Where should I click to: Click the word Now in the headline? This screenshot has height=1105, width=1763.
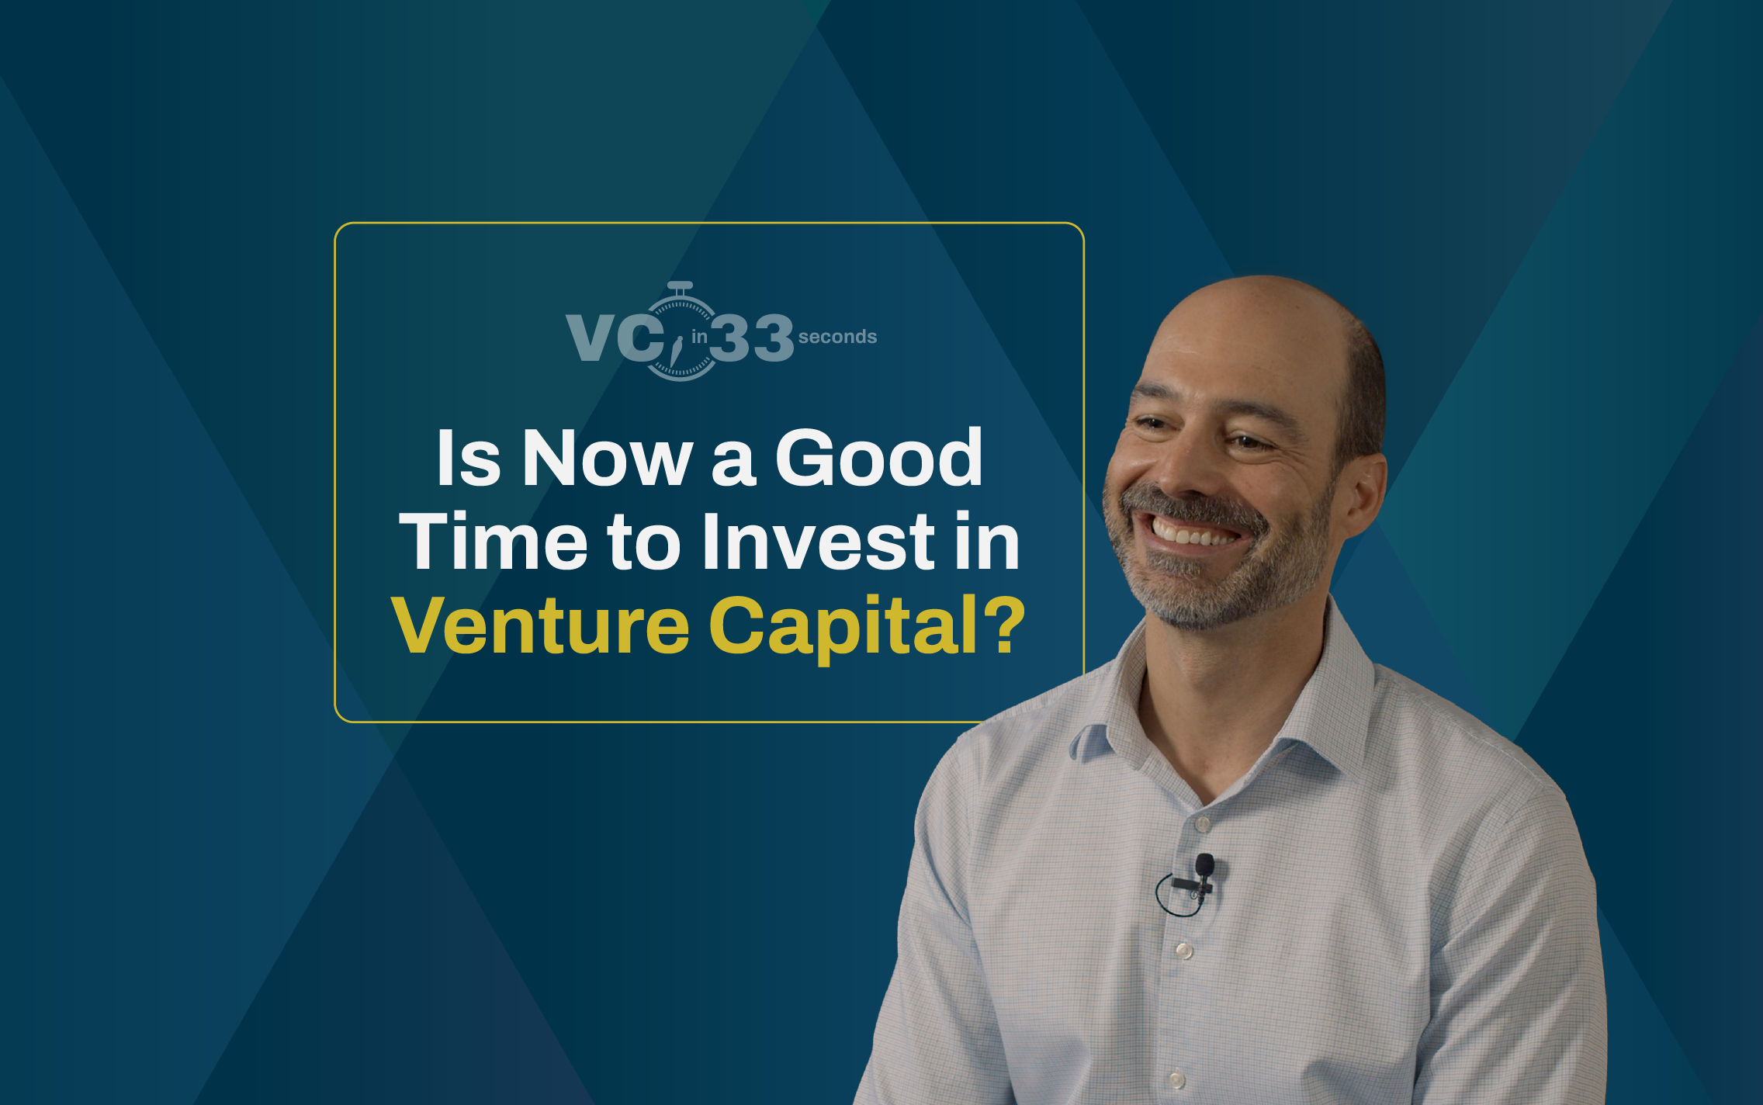[607, 459]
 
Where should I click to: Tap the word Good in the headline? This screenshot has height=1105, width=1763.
[878, 459]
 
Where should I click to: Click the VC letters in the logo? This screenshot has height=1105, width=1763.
[613, 338]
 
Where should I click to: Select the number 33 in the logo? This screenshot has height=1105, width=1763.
[751, 338]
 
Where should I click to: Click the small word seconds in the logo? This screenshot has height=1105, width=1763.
[837, 337]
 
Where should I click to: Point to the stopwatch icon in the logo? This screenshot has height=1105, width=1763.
[681, 332]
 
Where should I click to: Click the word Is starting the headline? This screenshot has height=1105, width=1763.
[468, 459]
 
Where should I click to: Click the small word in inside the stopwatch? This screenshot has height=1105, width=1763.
[699, 337]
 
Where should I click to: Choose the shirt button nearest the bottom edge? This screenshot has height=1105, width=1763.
[1176, 1079]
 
